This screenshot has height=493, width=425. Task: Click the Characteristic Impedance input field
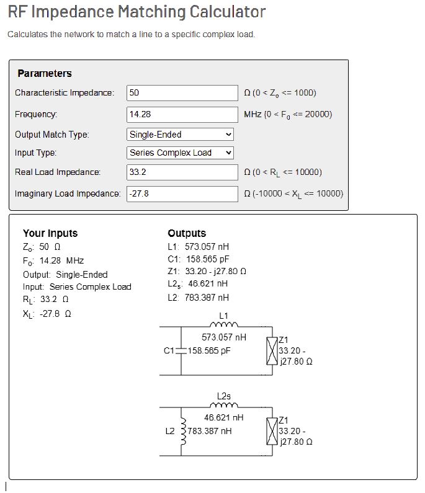[182, 93]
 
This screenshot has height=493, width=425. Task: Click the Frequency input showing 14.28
[182, 115]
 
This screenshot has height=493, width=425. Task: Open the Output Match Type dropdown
[180, 134]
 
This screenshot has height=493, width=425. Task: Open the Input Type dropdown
[180, 153]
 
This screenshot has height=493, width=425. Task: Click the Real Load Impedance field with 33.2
[182, 172]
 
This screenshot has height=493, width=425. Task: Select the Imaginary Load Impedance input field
[182, 194]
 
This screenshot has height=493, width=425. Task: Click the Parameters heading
[45, 74]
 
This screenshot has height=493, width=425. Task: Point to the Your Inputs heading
[50, 234]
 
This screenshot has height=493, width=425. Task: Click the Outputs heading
[187, 234]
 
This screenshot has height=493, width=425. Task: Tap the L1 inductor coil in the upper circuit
[224, 324]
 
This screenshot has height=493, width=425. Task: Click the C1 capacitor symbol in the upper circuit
[181, 350]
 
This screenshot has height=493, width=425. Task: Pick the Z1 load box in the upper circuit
[271, 350]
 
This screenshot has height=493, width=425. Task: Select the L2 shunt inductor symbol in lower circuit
[182, 431]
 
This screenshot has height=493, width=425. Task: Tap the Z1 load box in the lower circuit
[271, 430]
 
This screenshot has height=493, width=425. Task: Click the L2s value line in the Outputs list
[197, 283]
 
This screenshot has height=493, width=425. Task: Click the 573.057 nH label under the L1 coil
[224, 337]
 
